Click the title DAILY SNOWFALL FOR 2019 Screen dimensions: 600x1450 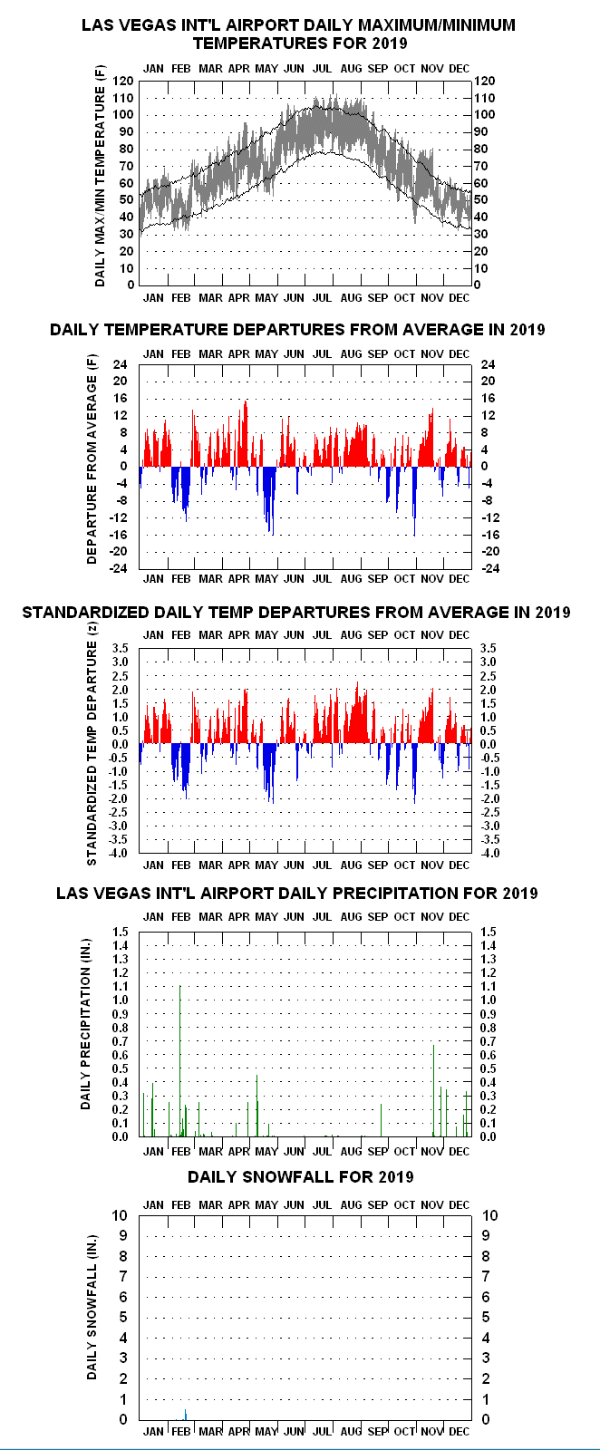click(300, 1177)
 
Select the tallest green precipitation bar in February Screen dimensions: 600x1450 click(180, 1060)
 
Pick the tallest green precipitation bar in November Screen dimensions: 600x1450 click(433, 1090)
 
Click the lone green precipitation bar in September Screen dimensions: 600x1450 click(382, 1120)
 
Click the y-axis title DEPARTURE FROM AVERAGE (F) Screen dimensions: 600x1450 click(92, 459)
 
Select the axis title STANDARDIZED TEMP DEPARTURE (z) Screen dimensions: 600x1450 click(92, 753)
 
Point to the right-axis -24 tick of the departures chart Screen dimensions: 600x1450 click(489, 568)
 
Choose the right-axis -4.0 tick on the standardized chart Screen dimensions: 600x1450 click(489, 853)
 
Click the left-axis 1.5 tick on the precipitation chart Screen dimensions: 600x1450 click(121, 933)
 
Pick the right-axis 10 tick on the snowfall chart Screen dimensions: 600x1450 click(490, 1215)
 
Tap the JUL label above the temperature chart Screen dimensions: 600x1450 click(323, 69)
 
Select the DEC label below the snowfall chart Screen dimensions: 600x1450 click(459, 1431)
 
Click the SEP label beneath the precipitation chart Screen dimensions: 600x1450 click(377, 1152)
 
